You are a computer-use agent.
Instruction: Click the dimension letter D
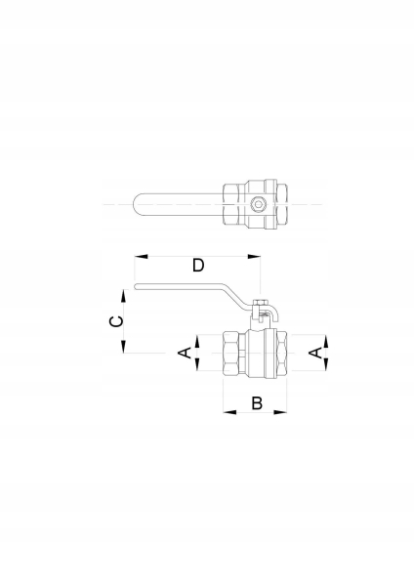coord(198,266)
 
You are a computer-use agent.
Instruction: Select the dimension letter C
coord(116,321)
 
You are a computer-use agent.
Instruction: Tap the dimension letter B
coord(257,403)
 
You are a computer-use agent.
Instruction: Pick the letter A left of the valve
coord(186,353)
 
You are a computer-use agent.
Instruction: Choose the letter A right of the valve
coord(315,353)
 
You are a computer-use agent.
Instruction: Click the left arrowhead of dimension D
coord(142,256)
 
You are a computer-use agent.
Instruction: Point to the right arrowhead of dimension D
coord(254,256)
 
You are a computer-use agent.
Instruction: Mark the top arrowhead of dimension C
coord(123,296)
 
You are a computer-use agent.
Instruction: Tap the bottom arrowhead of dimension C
coord(123,347)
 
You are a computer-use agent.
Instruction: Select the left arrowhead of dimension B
coord(229,412)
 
